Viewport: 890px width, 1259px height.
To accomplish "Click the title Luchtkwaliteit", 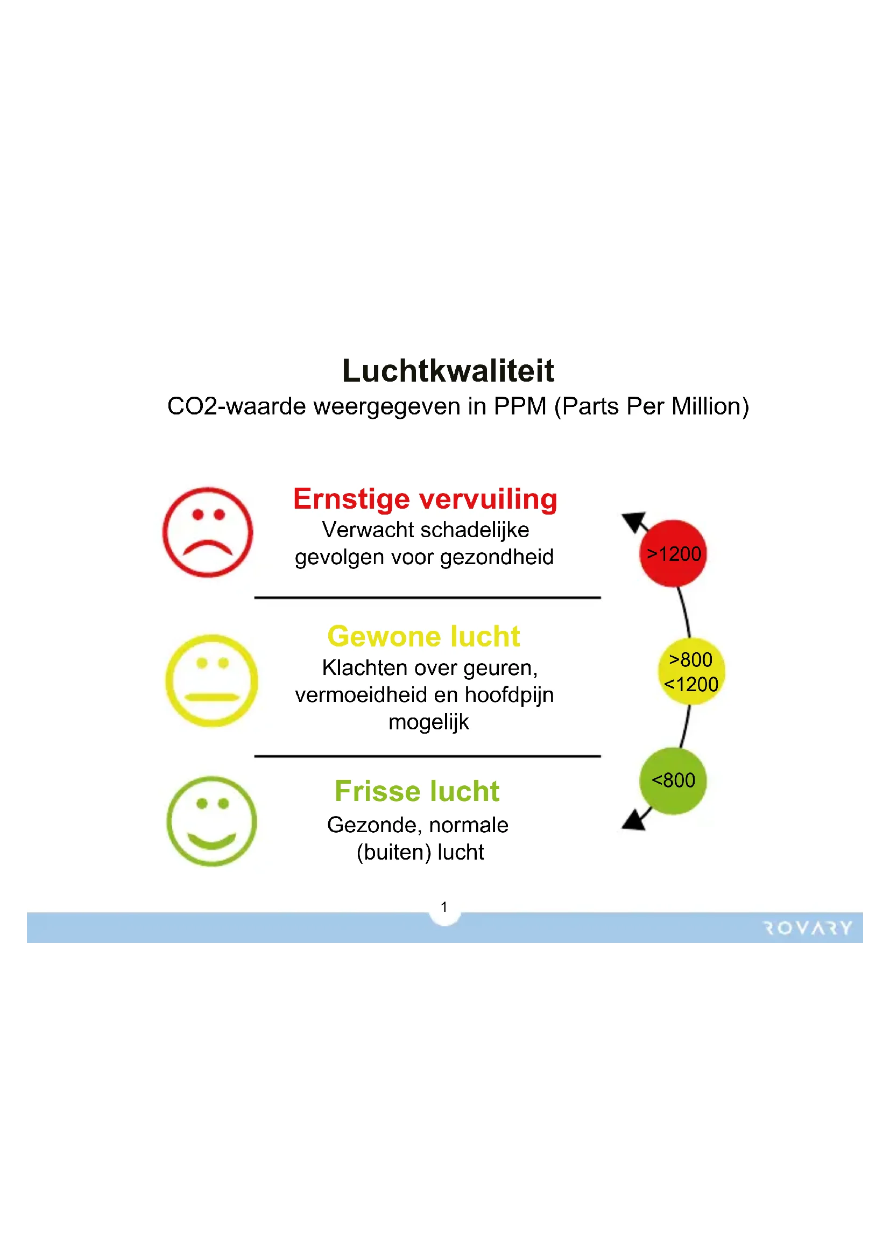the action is pos(448,371).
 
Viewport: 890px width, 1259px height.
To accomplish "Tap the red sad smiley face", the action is pos(208,532).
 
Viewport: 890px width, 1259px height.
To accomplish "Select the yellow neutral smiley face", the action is pos(211,680).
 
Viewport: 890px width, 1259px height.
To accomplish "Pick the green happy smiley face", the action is pos(211,821).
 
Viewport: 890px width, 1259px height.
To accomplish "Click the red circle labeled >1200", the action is pos(673,553).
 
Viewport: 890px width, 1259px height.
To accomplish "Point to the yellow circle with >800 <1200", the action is pos(691,671).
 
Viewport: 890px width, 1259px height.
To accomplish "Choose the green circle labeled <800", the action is pos(673,781).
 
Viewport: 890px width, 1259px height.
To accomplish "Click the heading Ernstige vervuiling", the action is pos(425,500).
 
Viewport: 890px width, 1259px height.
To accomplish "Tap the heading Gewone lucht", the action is pos(423,636).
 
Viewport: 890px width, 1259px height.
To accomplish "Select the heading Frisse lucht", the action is pos(417,791).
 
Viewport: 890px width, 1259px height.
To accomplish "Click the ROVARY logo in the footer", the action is pos(807,928).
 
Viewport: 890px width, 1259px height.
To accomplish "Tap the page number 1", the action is pos(444,907).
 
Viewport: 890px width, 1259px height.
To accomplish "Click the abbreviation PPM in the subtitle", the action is pos(520,406).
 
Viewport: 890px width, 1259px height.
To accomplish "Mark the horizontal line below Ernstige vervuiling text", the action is pos(427,597).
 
